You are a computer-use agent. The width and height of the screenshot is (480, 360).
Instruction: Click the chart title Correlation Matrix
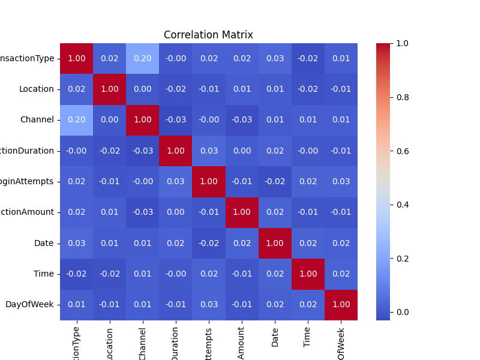pyautogui.click(x=208, y=35)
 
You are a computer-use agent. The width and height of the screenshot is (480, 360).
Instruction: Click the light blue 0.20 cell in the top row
pyautogui.click(x=143, y=59)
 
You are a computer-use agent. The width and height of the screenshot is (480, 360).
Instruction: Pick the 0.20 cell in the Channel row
pyautogui.click(x=76, y=120)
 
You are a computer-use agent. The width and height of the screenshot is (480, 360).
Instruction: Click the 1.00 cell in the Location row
pyautogui.click(x=110, y=89)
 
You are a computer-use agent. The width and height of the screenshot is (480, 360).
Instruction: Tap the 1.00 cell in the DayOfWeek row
pyautogui.click(x=341, y=305)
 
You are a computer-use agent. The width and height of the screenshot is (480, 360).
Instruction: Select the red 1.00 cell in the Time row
pyautogui.click(x=308, y=274)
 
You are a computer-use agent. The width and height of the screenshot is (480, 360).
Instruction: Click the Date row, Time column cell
pyautogui.click(x=308, y=243)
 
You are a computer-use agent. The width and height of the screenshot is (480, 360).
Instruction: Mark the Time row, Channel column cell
pyautogui.click(x=143, y=274)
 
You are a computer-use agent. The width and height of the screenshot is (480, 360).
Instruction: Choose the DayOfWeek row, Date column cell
pyautogui.click(x=275, y=305)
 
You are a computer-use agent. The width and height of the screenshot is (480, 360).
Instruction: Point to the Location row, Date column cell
pyautogui.click(x=275, y=89)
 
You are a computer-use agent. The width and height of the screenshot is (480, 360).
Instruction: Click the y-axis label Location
pyautogui.click(x=37, y=89)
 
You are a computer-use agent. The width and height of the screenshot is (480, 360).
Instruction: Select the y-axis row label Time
pyautogui.click(x=43, y=274)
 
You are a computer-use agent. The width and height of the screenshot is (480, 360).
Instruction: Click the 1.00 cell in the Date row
pyautogui.click(x=275, y=243)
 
